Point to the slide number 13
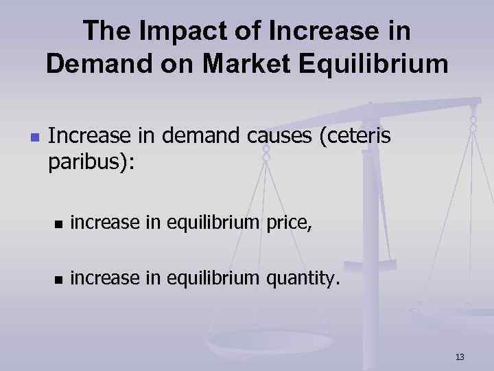(460, 357)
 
